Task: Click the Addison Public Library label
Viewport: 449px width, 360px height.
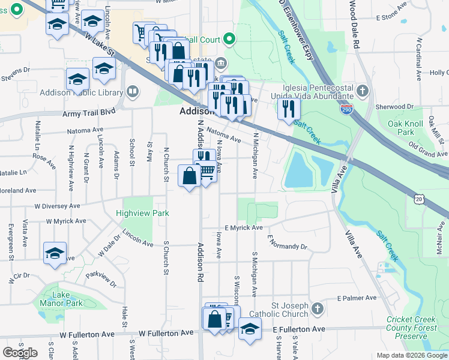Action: tap(81, 93)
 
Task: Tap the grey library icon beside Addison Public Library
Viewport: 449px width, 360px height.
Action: tap(133, 92)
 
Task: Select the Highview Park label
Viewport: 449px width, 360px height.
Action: tap(143, 213)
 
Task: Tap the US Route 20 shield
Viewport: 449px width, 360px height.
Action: tap(419, 198)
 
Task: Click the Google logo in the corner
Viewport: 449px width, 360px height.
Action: tap(20, 352)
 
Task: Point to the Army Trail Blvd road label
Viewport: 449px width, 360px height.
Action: tap(88, 113)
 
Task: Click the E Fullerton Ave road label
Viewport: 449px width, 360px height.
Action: tap(299, 329)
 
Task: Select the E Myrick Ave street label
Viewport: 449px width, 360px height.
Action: tap(244, 228)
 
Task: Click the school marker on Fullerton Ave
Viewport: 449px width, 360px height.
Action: tap(250, 328)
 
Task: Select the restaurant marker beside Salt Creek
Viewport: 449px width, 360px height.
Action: tap(289, 109)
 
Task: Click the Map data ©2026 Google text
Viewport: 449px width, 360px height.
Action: tap(411, 355)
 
